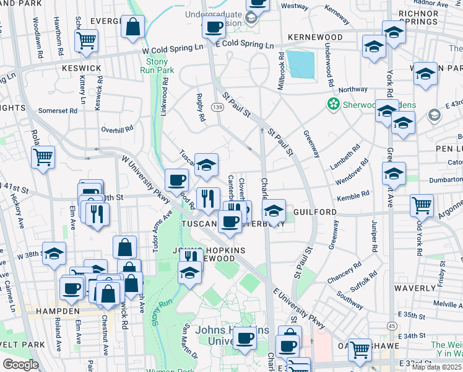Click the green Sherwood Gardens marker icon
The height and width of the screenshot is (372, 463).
[334, 104]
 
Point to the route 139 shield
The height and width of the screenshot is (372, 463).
[217, 107]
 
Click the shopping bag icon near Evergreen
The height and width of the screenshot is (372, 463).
[132, 27]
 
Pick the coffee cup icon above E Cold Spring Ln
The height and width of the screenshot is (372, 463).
[214, 27]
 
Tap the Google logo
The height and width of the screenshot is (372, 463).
[20, 365]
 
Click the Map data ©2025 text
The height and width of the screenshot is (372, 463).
[436, 367]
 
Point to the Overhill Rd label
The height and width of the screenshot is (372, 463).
[117, 130]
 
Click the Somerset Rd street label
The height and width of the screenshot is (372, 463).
[58, 110]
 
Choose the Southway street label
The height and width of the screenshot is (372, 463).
[351, 304]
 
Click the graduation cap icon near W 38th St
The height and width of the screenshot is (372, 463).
[54, 254]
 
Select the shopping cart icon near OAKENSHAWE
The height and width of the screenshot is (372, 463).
[359, 350]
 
